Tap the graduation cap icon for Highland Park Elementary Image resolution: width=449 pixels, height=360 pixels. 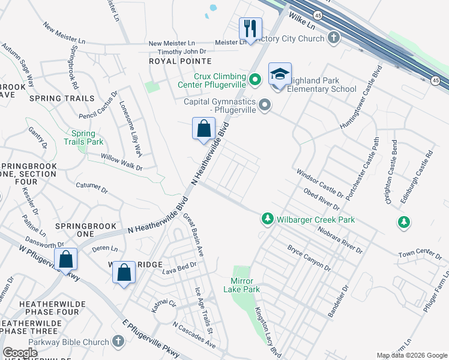point(280,74)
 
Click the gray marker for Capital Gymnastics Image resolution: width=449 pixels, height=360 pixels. point(265,106)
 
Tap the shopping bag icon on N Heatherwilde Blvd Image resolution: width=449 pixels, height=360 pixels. point(203,128)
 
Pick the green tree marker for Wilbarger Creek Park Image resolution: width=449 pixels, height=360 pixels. point(267,220)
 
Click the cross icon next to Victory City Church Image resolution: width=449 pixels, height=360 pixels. point(334,38)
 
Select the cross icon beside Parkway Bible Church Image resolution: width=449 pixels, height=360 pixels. point(118,341)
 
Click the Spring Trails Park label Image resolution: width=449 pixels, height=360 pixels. point(88,137)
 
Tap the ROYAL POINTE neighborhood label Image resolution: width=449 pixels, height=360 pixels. point(180,61)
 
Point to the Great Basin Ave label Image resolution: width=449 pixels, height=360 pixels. point(193,235)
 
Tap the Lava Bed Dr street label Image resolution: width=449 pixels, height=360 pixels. point(179,271)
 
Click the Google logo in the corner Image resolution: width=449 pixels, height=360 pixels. point(20,353)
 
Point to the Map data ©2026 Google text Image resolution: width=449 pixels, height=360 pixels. point(411,355)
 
